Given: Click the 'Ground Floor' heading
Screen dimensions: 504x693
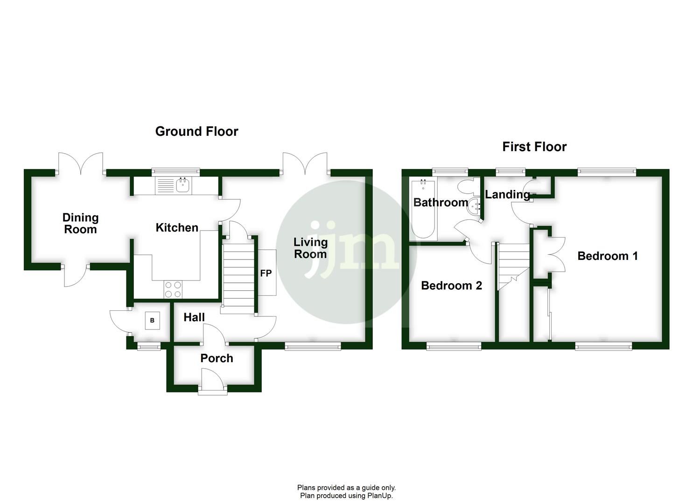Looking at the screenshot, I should (196, 132).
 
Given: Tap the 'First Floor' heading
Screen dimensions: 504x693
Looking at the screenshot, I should (534, 147).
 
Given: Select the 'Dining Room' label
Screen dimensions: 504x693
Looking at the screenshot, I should (80, 223).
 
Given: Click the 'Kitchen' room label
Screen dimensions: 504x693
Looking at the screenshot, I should (176, 228).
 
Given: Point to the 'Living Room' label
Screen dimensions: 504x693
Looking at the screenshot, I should (310, 248).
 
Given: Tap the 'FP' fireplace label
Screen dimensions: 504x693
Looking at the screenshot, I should (266, 273).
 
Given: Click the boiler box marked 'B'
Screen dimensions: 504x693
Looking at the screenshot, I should (152, 321).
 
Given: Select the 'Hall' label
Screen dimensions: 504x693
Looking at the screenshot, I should (194, 317).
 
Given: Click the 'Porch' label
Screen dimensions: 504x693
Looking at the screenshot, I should (217, 358).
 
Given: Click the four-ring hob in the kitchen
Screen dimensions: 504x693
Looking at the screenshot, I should (173, 289).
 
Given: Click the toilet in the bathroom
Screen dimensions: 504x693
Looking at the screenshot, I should (466, 188).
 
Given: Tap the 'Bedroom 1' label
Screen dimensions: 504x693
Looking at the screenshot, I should (607, 256).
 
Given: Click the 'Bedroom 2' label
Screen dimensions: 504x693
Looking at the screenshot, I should (451, 285).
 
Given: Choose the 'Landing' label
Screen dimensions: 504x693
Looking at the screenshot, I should (507, 195).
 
